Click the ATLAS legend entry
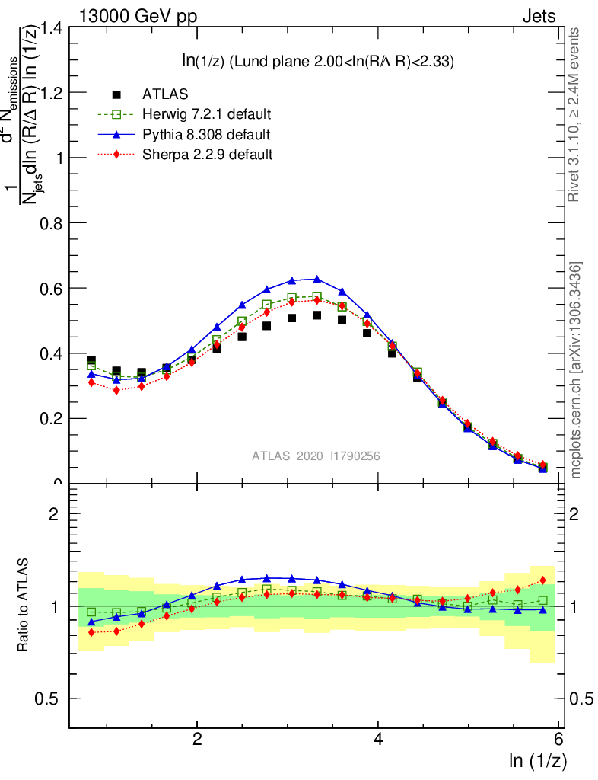[x=166, y=94]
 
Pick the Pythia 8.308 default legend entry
[x=205, y=134]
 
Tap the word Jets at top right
[x=538, y=16]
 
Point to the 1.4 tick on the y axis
[x=52, y=28]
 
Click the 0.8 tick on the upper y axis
[x=52, y=223]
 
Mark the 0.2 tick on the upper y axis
[x=52, y=418]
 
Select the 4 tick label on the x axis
[x=378, y=740]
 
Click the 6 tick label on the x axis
[x=559, y=740]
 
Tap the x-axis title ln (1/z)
[x=537, y=760]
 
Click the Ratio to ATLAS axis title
[x=22, y=605]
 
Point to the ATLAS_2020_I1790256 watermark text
[x=316, y=456]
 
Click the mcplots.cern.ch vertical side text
[x=576, y=370]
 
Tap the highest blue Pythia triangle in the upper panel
[x=317, y=279]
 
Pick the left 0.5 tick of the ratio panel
[x=52, y=698]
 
